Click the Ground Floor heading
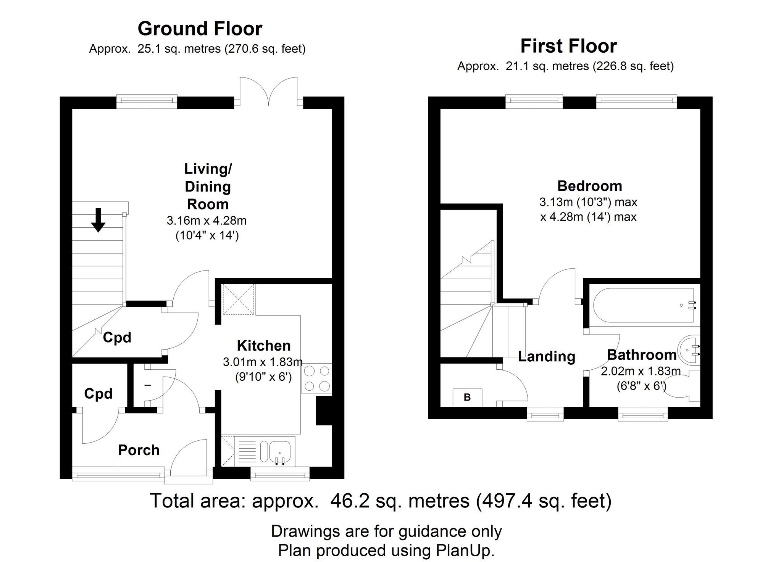(x=200, y=29)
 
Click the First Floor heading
(x=568, y=46)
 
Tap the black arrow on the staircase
(x=98, y=220)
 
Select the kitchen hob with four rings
(x=316, y=378)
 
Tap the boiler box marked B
(x=467, y=398)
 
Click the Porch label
(x=139, y=450)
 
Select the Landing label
(x=547, y=356)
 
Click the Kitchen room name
(x=264, y=346)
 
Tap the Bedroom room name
(x=590, y=186)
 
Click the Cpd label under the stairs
(x=117, y=337)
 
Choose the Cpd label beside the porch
(x=98, y=393)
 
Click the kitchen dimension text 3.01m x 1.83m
(x=263, y=362)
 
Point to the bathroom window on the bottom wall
(x=643, y=414)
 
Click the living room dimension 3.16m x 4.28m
(x=207, y=221)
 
